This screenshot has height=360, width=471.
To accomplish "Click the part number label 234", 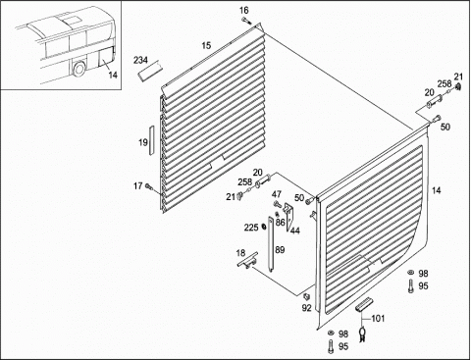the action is click(x=140, y=60).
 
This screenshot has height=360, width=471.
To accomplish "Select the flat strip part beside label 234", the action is click(x=150, y=71).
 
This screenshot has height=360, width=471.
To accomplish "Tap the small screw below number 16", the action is click(x=245, y=22).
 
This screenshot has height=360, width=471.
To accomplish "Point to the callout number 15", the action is click(x=206, y=45).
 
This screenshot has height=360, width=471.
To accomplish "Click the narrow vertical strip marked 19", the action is click(x=152, y=139).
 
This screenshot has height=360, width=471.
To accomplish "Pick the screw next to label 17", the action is click(x=149, y=187).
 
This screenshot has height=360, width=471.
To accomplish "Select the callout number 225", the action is click(x=251, y=227).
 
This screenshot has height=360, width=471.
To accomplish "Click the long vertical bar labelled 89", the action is click(x=272, y=244).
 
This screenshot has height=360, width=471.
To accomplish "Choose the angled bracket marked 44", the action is click(x=288, y=216).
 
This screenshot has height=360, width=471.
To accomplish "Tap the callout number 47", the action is click(x=277, y=194).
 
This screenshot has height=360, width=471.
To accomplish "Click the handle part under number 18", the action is click(x=247, y=260).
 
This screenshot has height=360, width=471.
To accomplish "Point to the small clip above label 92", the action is click(x=306, y=296).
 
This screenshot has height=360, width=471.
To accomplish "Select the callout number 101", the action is click(x=378, y=318).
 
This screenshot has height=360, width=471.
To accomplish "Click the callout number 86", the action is click(x=280, y=223).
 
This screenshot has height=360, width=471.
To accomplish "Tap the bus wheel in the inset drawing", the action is click(x=78, y=69).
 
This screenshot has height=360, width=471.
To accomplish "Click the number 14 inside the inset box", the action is click(x=113, y=75).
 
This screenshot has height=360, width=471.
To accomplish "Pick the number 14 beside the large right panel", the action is click(x=437, y=190).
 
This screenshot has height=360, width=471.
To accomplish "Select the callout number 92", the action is click(x=306, y=308).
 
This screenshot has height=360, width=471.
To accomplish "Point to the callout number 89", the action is click(x=280, y=250).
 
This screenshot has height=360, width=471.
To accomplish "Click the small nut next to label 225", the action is click(x=264, y=227).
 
